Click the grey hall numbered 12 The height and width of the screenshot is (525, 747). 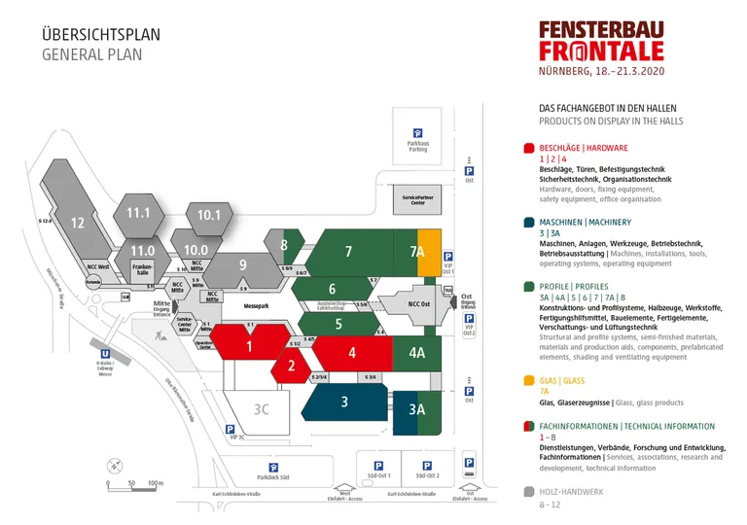[x=78, y=223]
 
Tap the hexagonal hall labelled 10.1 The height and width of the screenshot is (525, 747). [x=209, y=216]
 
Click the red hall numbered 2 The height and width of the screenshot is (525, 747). [x=290, y=367]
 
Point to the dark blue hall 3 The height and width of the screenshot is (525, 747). [x=344, y=401]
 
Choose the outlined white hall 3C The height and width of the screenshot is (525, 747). [x=261, y=409]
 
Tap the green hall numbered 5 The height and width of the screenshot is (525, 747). [x=338, y=324]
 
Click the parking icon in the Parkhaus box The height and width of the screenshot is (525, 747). [x=418, y=134]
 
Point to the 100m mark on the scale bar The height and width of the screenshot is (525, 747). [x=154, y=482]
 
